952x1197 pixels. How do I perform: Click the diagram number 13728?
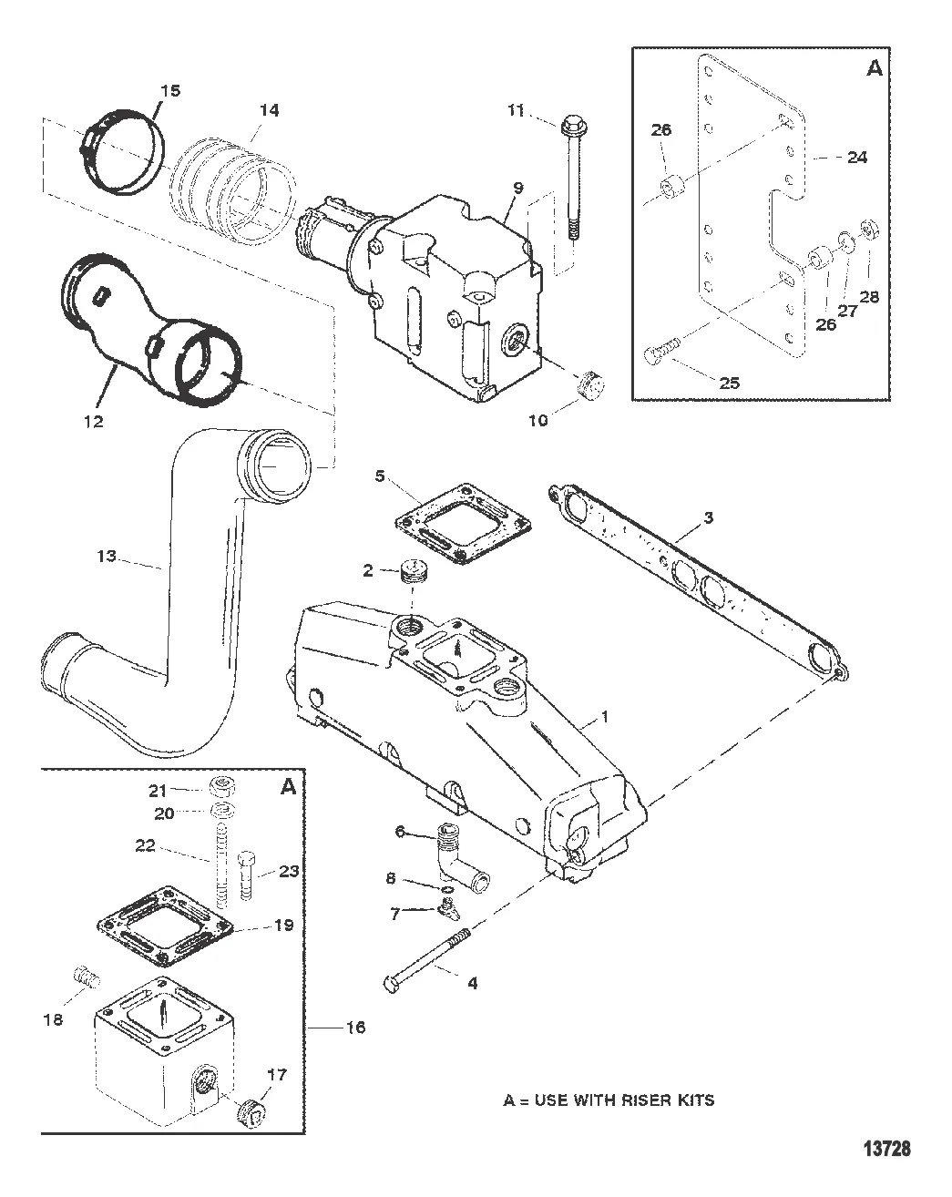tap(887, 1148)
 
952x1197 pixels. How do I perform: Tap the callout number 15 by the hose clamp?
tap(170, 91)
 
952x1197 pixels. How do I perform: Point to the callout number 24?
tap(857, 158)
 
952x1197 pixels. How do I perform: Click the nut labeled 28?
tap(868, 228)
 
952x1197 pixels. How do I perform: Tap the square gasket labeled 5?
tap(463, 525)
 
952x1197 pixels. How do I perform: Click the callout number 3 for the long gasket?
tap(708, 517)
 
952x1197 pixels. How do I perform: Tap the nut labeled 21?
tap(223, 788)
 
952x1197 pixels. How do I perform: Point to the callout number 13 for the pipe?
tap(107, 556)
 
